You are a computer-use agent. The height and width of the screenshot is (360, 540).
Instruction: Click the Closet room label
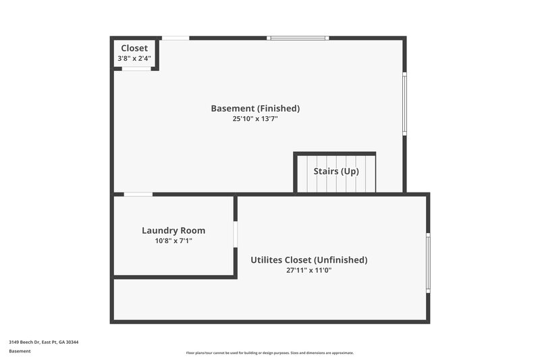tap(134, 48)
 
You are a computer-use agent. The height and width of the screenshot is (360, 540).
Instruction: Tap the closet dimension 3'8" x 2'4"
tap(134, 59)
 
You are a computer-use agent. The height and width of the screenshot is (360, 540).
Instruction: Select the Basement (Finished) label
tap(255, 108)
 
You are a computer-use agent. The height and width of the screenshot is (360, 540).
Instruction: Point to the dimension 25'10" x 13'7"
tap(255, 119)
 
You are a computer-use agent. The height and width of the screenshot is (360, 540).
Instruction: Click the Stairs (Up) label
tap(336, 171)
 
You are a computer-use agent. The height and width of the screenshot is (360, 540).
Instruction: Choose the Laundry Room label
tap(173, 230)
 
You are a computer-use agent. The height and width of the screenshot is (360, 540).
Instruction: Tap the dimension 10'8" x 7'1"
tap(173, 240)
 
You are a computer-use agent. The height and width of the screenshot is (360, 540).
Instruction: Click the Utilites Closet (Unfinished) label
tap(309, 259)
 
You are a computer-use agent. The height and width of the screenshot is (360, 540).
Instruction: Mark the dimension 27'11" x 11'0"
tap(309, 270)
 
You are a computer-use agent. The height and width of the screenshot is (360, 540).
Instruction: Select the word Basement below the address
tap(20, 351)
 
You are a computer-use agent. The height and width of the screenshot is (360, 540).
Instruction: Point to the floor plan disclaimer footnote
tap(270, 353)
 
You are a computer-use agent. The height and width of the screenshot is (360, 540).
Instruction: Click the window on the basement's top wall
tap(298, 38)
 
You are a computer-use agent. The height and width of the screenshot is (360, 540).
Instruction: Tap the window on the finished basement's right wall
tap(404, 104)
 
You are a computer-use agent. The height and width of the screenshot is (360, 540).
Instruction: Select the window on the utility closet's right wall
tap(428, 263)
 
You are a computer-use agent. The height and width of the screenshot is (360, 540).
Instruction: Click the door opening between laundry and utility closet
tap(236, 234)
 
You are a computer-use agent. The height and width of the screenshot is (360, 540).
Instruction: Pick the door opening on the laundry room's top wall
tap(138, 195)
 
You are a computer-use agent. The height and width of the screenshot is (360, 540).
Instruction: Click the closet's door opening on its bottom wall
tap(136, 68)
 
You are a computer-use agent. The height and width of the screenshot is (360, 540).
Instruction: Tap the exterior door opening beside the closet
tap(175, 38)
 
